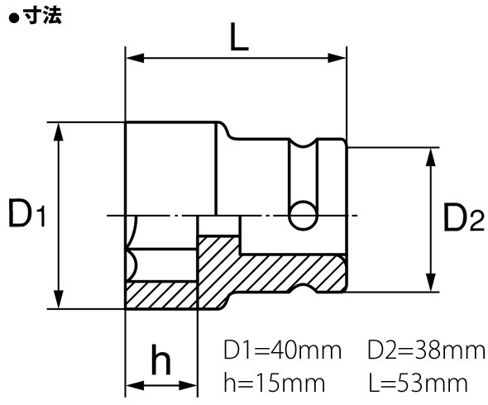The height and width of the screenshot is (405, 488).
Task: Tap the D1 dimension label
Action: [26, 215]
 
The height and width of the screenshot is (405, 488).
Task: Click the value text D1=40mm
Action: [282, 350]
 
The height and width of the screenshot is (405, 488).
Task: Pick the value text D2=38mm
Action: [426, 350]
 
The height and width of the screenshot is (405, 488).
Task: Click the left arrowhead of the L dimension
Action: [132, 59]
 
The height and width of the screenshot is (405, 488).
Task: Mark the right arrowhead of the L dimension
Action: [339, 59]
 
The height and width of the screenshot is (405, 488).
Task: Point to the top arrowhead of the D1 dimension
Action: [58, 129]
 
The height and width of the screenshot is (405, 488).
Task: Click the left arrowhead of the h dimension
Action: [132, 385]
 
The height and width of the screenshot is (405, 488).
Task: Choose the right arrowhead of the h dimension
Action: [189, 385]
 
